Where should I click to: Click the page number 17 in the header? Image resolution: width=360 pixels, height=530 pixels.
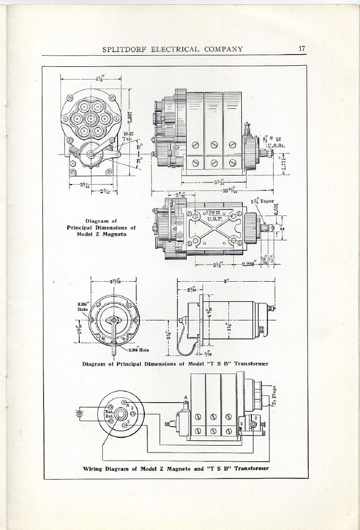pos(302,49)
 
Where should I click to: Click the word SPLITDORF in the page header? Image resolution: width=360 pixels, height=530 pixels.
pos(126,50)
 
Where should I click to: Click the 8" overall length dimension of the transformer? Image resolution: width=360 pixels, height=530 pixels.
pos(226,282)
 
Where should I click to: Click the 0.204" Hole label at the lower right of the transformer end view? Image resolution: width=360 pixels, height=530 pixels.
pos(138,350)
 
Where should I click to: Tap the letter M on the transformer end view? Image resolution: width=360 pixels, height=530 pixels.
pos(103,338)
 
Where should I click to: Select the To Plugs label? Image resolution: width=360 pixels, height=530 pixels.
pos(275,395)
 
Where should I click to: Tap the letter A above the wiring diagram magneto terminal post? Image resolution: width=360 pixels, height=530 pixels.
pos(186,397)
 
